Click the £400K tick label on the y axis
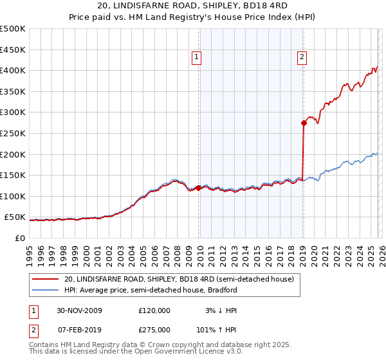pyautogui.click(x=13, y=70)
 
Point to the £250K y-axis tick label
pyautogui.click(x=13, y=133)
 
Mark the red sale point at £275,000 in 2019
pyautogui.click(x=303, y=123)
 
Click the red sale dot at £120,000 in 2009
pyautogui.click(x=198, y=188)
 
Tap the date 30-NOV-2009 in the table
pyautogui.click(x=79, y=310)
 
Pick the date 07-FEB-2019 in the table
pyautogui.click(x=79, y=330)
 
